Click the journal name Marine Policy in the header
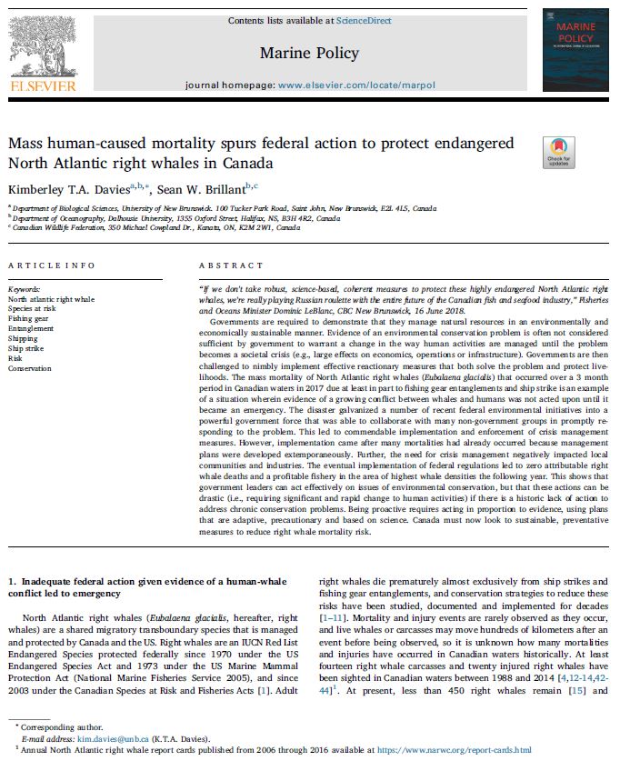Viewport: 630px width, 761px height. [x=309, y=53]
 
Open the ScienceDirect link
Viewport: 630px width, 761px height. [x=364, y=20]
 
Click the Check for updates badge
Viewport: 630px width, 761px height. [x=558, y=153]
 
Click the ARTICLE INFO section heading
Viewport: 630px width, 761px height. [x=51, y=265]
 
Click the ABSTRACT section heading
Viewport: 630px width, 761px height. [x=224, y=265]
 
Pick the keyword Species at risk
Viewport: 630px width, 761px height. [x=33, y=308]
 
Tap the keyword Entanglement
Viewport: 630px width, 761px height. [x=32, y=328]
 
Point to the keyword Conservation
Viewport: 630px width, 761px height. [x=31, y=368]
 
